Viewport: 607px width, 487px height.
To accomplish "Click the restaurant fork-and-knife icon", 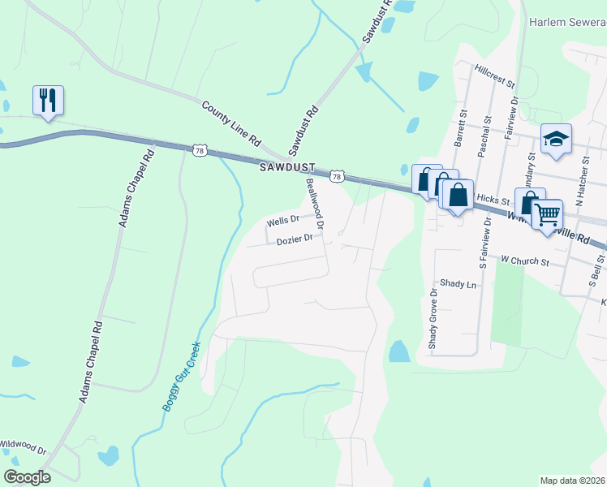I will coord(48,101).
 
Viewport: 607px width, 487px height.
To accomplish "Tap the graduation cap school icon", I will coord(557,140).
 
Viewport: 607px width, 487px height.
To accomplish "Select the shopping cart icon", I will coord(548,215).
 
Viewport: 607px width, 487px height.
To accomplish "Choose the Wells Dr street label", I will coord(283,221).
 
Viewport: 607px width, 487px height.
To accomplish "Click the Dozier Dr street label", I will coord(294,239).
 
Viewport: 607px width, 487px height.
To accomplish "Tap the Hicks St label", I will coord(492,199).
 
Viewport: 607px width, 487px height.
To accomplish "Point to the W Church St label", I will coord(525,262).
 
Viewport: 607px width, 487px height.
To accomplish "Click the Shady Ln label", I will coord(458,284).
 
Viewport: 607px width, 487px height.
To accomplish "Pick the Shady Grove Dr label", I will coord(433,317).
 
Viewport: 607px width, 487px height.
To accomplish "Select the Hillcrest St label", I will coord(496,75).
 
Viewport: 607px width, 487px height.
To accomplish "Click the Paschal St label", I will coord(484,130).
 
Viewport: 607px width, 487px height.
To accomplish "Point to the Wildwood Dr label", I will coord(23,446).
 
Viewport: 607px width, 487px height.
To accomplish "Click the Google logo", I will coord(28,477).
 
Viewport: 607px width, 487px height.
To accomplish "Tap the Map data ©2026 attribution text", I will coord(572,481).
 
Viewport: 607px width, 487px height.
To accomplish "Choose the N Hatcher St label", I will coord(580,183).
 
